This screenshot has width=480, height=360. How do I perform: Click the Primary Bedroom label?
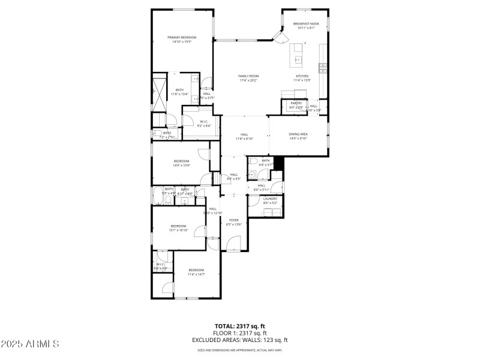182,37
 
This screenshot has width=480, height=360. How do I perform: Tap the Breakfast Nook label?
306,24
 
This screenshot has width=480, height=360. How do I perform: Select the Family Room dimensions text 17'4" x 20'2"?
248,80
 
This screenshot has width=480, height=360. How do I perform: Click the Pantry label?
296,103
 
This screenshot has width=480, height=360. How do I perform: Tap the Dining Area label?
298,134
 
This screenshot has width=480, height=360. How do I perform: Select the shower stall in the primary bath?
159,93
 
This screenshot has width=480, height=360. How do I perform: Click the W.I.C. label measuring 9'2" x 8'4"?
203,122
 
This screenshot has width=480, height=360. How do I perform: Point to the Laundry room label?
270,199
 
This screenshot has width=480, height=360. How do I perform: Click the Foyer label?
234,220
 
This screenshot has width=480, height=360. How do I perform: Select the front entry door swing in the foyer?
233,244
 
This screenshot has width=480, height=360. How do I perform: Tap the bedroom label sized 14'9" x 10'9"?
182,161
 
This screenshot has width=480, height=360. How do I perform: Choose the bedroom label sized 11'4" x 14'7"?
197,270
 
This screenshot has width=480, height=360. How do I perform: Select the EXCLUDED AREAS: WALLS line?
240,340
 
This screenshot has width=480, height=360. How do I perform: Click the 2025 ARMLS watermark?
30,344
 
